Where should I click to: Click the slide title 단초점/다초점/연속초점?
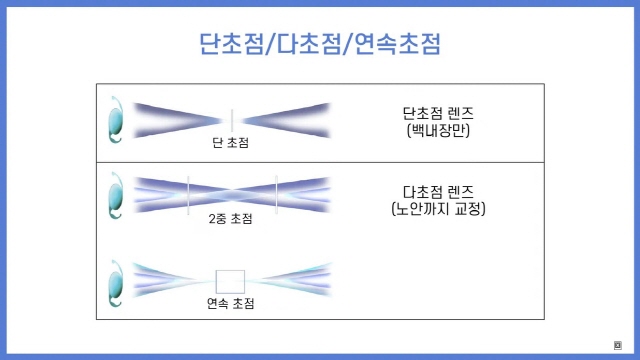pos(320,44)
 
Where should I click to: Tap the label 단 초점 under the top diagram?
pos(231,143)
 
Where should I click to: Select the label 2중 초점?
pos(231,219)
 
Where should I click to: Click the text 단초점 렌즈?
pos(436,112)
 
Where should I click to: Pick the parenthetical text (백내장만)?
pos(436,131)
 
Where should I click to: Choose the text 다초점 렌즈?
pos(436,189)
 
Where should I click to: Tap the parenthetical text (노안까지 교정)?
pos(436,209)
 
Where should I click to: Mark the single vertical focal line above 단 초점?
pos(231,120)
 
